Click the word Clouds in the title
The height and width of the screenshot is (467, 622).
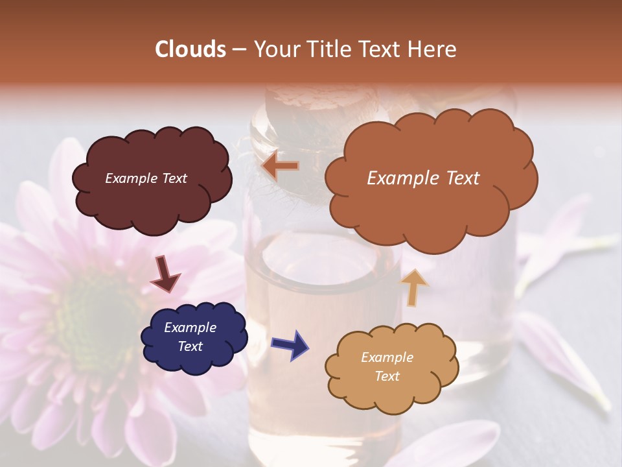click(x=190, y=49)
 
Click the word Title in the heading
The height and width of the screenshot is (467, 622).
click(x=329, y=49)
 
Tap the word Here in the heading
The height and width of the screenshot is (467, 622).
click(x=433, y=49)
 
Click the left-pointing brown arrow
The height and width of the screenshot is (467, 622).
click(x=281, y=167)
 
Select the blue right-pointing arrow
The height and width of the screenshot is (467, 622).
click(x=290, y=344)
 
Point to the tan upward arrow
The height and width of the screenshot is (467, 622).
click(x=415, y=286)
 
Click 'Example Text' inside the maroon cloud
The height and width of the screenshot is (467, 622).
click(x=146, y=178)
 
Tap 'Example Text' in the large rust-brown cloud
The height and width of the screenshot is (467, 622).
click(x=423, y=178)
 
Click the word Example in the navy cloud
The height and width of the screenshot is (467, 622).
click(x=190, y=328)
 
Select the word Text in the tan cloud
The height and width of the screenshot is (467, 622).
click(x=387, y=376)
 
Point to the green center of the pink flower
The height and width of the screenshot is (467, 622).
click(x=97, y=311)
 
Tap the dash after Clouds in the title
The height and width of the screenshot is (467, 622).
click(x=238, y=49)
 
